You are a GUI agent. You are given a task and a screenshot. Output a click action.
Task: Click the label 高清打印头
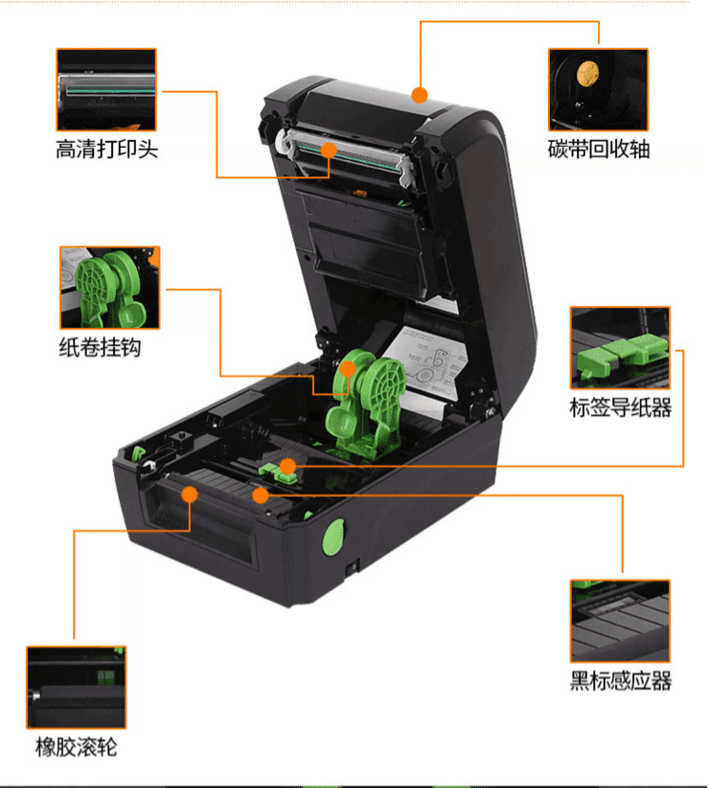click(106, 150)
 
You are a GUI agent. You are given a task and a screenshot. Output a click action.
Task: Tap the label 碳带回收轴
click(599, 150)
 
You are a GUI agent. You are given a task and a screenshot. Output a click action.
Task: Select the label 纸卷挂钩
click(100, 347)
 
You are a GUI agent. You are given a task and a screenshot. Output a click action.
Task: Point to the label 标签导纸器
click(621, 407)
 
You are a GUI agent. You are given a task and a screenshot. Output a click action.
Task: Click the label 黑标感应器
click(621, 681)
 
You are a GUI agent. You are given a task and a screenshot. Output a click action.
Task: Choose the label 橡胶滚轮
click(76, 748)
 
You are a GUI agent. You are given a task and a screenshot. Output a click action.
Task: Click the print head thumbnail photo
click(106, 89)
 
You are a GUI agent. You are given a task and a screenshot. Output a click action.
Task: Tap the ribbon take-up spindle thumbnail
click(598, 89)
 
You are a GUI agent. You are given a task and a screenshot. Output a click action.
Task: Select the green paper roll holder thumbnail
click(110, 288)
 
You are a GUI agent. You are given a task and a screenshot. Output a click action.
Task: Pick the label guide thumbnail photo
click(620, 348)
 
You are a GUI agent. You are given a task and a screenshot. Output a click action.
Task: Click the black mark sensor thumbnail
click(620, 621)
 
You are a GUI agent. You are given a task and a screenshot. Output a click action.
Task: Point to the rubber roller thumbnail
click(77, 687)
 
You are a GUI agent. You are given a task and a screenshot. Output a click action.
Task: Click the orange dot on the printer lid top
click(420, 95)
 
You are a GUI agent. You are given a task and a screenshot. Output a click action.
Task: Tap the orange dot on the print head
click(329, 151)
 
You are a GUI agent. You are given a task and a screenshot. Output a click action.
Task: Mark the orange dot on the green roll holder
click(348, 369)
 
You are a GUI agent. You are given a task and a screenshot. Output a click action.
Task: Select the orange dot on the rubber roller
click(190, 495)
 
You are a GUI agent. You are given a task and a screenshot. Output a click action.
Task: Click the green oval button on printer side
click(332, 537)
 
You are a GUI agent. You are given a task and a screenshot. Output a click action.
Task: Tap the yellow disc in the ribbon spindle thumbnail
click(587, 74)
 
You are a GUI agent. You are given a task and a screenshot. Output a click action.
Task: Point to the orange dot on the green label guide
click(287, 466)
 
